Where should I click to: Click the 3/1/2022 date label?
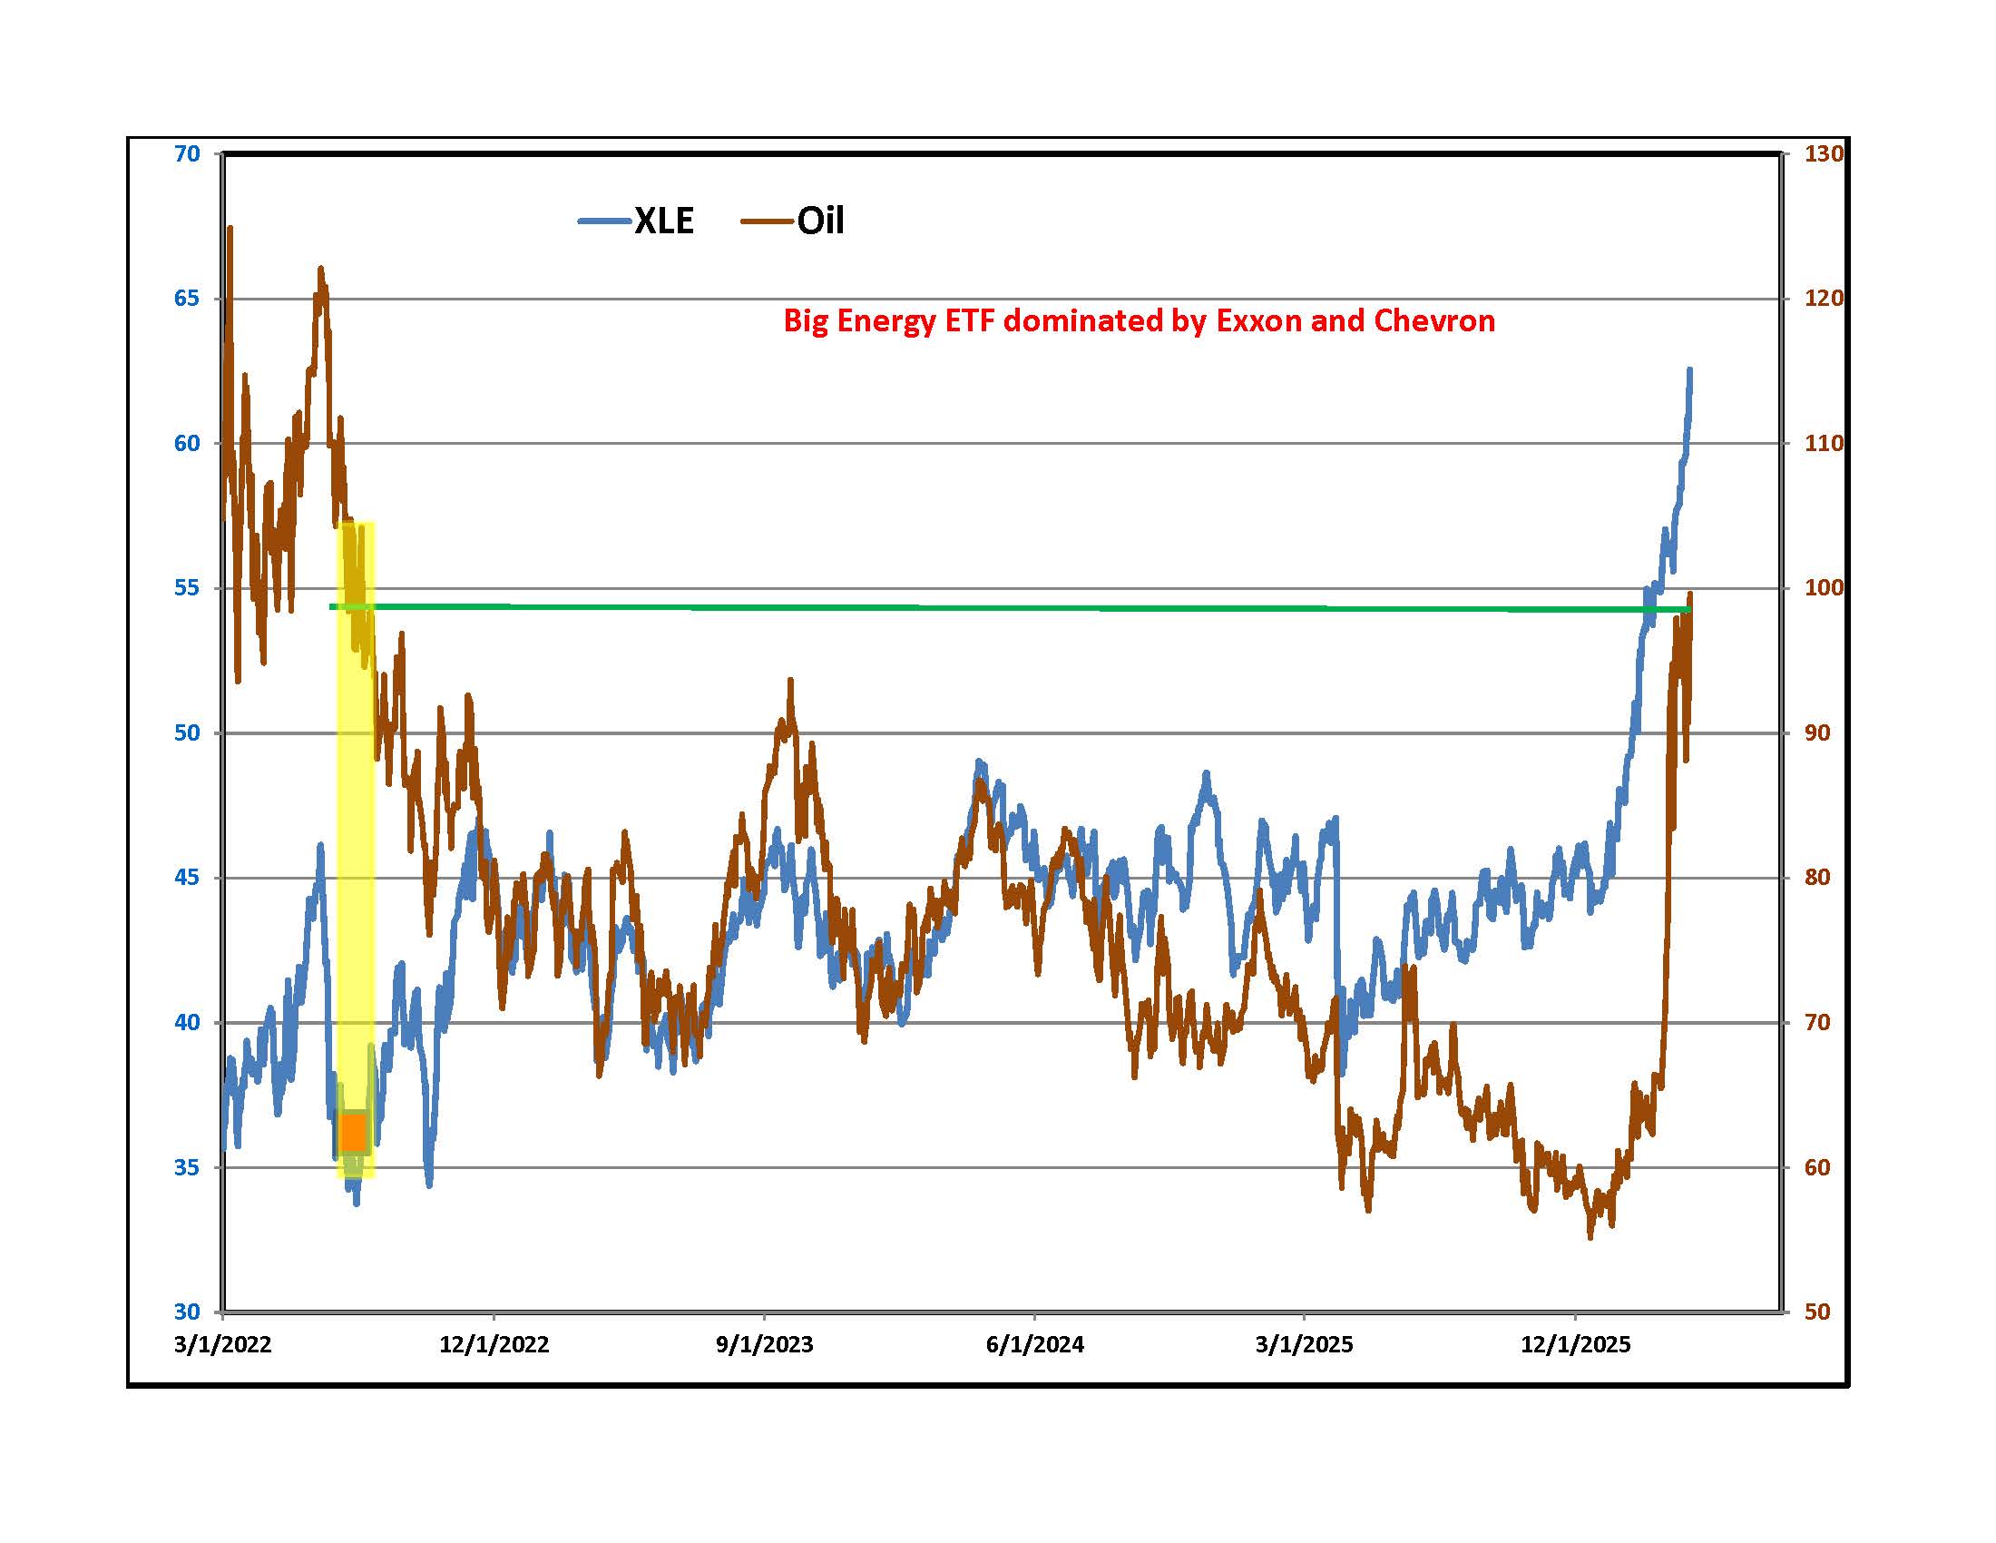tap(223, 1344)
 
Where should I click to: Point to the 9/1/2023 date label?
tap(764, 1344)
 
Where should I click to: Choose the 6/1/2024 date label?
tap(1034, 1344)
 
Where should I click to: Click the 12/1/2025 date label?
tap(1575, 1344)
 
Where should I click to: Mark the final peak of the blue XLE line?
tap(1690, 370)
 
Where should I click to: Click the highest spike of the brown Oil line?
tap(230, 229)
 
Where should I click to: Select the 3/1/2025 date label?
tap(1304, 1344)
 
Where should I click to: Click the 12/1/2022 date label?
tap(494, 1344)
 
